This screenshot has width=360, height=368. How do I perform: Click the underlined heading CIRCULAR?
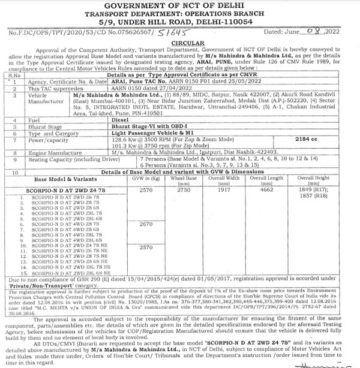pos(179,44)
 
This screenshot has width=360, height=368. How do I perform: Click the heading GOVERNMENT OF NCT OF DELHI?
pos(179,7)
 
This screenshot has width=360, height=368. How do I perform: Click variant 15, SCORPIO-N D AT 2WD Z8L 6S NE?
pos(67,273)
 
